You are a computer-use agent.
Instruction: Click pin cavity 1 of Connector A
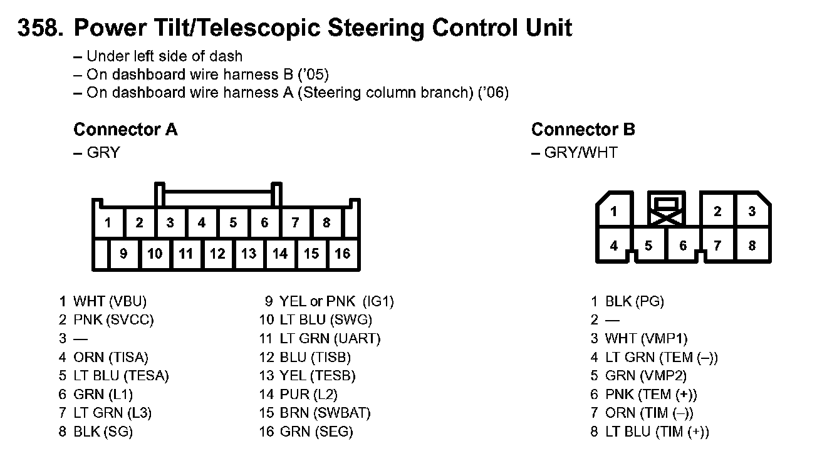tap(108, 222)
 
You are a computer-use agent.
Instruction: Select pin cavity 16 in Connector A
tap(343, 254)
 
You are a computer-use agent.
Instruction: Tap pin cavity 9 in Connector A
tap(123, 254)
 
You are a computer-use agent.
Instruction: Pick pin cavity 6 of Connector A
tap(264, 222)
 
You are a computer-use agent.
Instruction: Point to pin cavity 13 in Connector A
tap(249, 254)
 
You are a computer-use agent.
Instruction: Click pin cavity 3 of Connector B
tap(752, 212)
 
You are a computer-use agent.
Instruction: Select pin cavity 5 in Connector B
tap(648, 246)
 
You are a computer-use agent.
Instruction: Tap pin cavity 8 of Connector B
tap(752, 246)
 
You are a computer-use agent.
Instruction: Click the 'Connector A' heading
tap(125, 130)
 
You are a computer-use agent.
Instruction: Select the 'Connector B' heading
tap(583, 130)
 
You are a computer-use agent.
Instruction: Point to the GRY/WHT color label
tap(580, 152)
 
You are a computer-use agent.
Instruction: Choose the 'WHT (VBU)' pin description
tap(110, 301)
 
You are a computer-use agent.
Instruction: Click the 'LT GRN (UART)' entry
tap(330, 339)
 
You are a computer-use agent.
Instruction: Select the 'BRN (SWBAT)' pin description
tap(325, 413)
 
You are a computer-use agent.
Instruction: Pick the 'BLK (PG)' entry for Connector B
tap(634, 301)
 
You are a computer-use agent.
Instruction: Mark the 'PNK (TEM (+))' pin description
tap(651, 395)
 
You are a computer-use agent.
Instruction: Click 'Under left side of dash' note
tap(164, 56)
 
